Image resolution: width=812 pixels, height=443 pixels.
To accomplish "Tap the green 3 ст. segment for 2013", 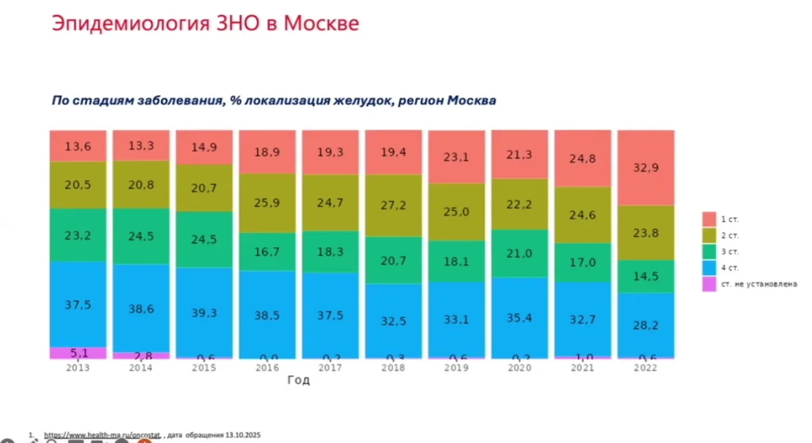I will point(77,235).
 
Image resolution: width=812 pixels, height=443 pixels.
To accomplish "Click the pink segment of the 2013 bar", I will point(77,353).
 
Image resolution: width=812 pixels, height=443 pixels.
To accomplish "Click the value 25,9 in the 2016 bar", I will point(266,203).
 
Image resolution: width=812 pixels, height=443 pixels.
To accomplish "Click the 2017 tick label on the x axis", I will point(329,368).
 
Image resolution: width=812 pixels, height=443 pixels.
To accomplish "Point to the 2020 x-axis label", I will point(519,368).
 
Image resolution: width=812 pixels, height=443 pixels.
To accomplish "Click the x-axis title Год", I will point(298,380).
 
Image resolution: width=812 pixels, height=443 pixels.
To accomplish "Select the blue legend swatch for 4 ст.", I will point(708,267).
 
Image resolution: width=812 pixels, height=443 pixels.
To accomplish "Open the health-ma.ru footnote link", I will point(102,435).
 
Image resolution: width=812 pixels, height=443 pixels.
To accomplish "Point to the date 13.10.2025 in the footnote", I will point(237,435).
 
